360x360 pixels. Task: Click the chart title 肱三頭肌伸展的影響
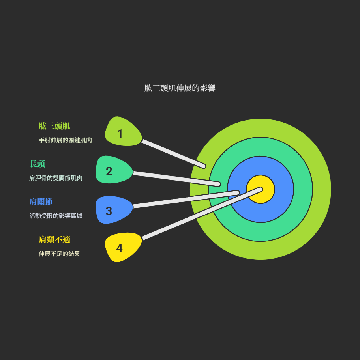[x=180, y=88]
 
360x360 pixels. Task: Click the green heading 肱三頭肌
[x=54, y=126]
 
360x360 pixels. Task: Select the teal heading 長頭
[x=37, y=164]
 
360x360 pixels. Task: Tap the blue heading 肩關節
[x=41, y=202]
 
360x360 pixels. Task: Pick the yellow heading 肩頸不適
[x=54, y=240]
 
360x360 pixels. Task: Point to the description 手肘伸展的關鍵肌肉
[x=65, y=140]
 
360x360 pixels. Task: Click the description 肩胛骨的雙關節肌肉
[x=56, y=178]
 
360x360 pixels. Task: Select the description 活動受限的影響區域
[x=56, y=216]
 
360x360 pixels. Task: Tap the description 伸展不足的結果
[x=59, y=254]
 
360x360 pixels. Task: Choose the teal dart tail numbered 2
[x=113, y=170]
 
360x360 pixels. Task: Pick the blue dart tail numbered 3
[x=113, y=209]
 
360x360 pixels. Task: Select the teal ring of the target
[x=261, y=232]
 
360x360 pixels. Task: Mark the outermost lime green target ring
[x=261, y=251]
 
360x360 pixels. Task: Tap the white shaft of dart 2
[x=177, y=179]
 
